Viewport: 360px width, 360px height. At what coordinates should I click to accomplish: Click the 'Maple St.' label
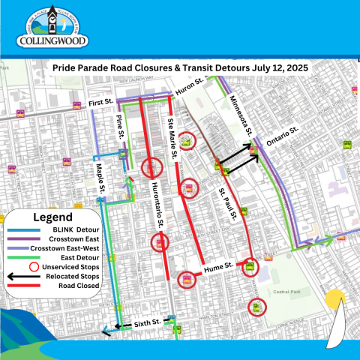(x=100, y=180)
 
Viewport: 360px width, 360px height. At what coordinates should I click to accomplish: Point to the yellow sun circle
(x=334, y=298)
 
